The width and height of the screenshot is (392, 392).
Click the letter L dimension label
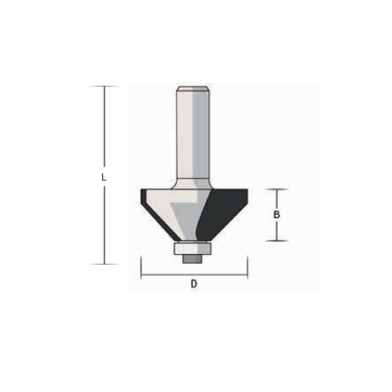point(104,177)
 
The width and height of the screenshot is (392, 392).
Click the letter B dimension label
point(277,215)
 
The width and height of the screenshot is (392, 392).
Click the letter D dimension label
point(194,284)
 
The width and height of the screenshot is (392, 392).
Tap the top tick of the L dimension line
point(105,87)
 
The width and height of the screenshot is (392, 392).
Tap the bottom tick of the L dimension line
point(105,264)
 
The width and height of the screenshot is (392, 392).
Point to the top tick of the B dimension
point(277,189)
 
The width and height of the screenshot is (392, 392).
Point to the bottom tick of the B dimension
point(277,241)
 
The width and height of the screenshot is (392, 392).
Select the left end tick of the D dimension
point(141,268)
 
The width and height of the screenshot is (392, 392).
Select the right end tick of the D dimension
point(247,268)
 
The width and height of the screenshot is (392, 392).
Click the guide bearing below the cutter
point(192,248)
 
